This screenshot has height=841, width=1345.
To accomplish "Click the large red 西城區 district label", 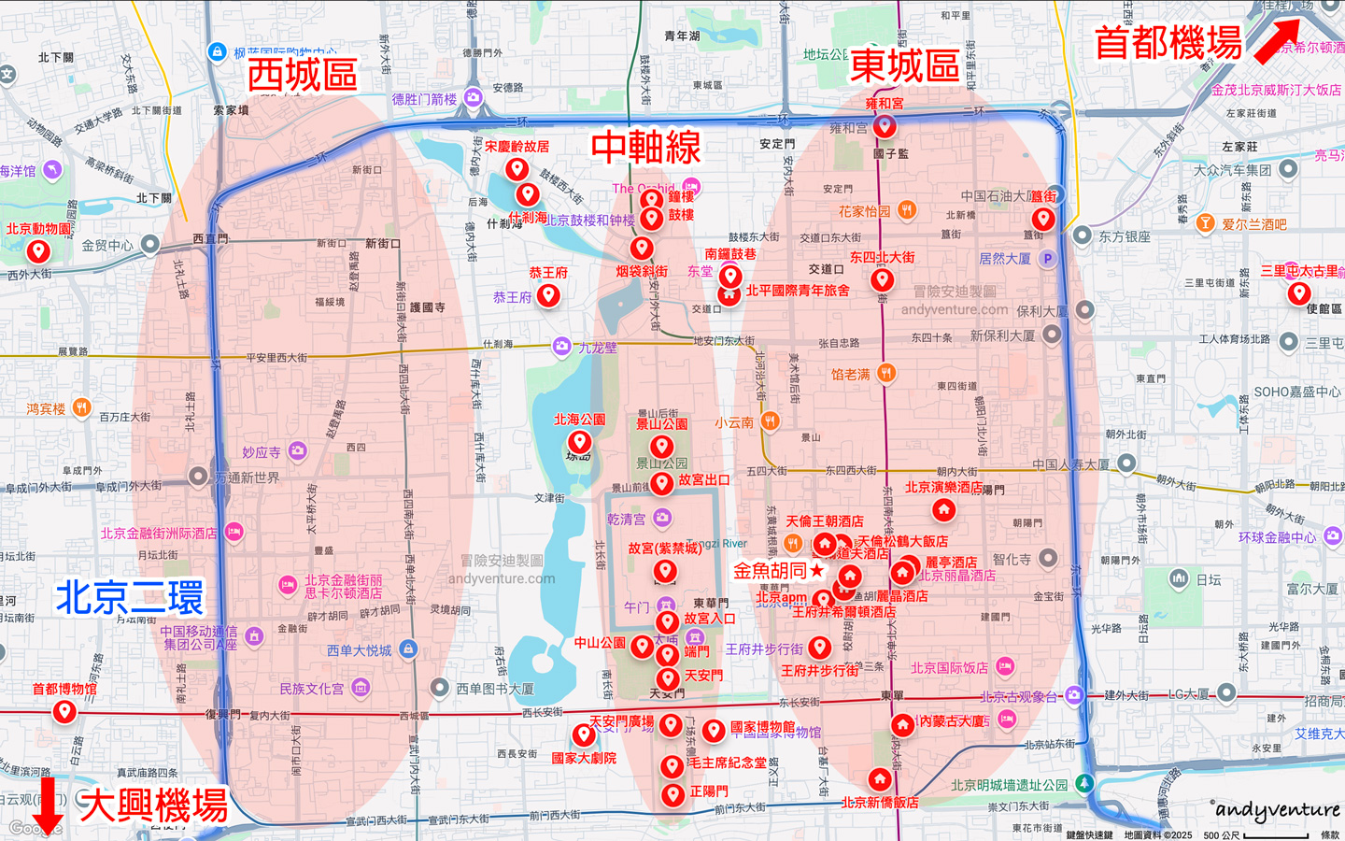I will coord(302,75).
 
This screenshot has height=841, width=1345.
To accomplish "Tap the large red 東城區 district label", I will coord(904,66).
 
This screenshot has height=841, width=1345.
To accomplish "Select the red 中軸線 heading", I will coord(645,147).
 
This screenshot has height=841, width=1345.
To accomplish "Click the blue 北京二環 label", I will coord(129,598).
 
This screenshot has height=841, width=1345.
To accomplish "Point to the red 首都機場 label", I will coord(1168,43).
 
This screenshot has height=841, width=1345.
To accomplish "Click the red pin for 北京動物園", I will coord(38,251).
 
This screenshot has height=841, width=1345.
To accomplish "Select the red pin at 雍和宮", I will coord(885,125).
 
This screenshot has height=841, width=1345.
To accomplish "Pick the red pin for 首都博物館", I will coord(64,711).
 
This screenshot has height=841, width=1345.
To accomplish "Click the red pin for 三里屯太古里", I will coord(1298,293).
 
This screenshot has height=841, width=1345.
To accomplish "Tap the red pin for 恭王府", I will coord(548,295).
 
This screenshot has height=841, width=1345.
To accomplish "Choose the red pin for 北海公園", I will coord(579,442).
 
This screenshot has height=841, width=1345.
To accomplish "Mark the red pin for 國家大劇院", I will coord(584,734).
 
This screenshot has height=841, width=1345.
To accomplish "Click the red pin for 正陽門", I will coord(672,795).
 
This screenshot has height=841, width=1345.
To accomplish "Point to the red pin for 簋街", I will coord(1043,219).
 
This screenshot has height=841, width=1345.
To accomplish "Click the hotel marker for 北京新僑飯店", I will coord(880,778).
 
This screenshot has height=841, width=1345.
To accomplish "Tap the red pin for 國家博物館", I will coord(714,730).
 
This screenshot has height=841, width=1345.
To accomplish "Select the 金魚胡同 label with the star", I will coord(777,570).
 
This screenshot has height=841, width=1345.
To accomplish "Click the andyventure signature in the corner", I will coord(1277,810).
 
